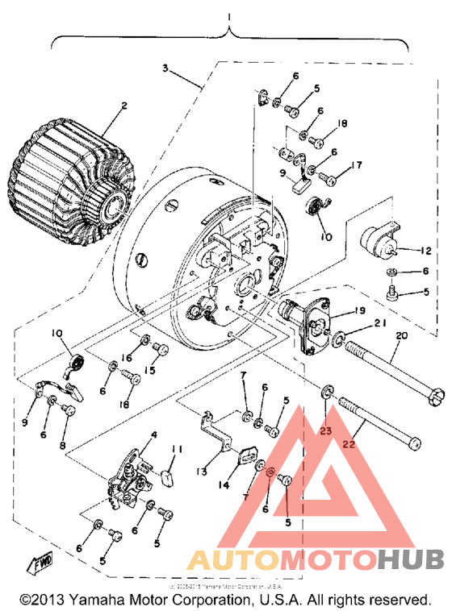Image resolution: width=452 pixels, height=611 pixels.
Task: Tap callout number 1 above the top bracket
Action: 231,16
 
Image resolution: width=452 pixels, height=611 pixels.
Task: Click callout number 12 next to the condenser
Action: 427,251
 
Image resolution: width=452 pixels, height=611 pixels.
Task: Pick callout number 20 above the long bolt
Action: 401,336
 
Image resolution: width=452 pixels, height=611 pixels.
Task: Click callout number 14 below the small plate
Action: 221,485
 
